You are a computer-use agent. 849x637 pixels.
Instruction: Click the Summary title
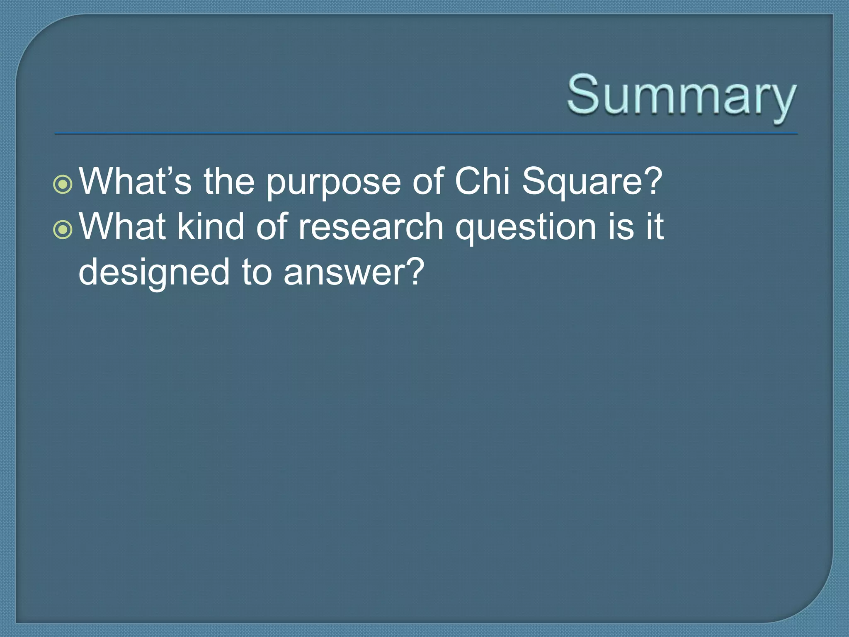pyautogui.click(x=681, y=96)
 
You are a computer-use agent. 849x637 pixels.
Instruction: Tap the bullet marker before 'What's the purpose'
pyautogui.click(x=63, y=185)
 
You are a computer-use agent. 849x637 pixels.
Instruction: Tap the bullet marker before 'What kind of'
pyautogui.click(x=63, y=230)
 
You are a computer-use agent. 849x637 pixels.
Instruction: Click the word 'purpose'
pyautogui.click(x=333, y=182)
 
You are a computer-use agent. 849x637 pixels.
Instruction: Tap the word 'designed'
pyautogui.click(x=154, y=273)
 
